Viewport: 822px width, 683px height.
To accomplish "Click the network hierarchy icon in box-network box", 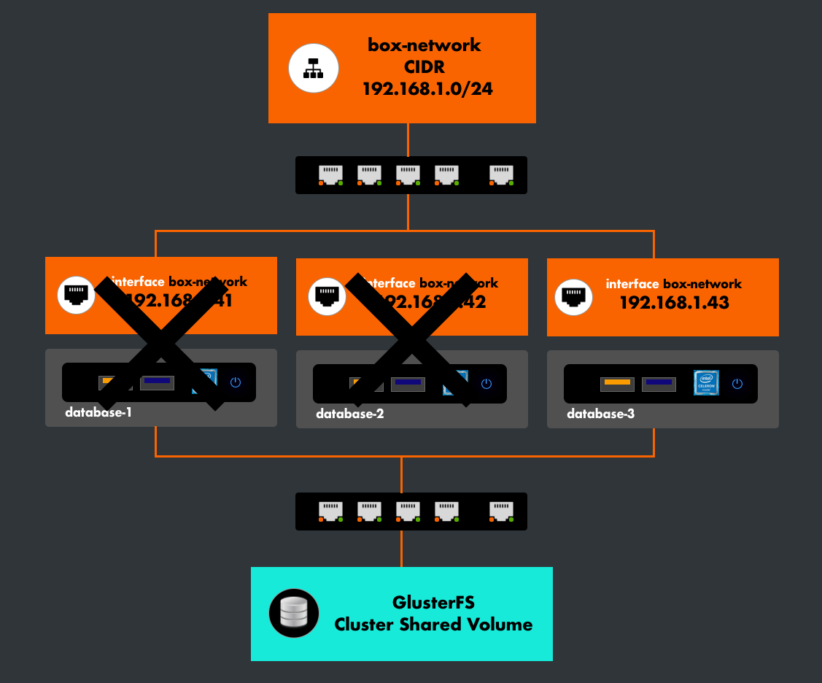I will click(314, 68).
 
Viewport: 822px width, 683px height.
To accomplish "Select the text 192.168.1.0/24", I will click(424, 90).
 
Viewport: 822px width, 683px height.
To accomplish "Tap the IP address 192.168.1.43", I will click(674, 303).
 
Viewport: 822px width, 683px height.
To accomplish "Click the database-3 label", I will click(600, 414).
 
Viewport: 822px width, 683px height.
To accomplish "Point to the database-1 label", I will click(98, 412).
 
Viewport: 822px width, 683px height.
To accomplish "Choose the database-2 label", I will click(349, 414).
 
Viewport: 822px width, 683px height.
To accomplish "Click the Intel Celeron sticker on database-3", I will click(706, 382).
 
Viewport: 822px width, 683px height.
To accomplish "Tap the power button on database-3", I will click(737, 383).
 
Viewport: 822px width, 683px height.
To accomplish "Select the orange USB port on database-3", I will click(617, 382).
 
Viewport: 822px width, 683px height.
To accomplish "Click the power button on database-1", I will click(235, 382).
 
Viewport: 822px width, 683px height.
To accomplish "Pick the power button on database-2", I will click(486, 384).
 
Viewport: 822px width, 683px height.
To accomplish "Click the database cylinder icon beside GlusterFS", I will click(294, 613).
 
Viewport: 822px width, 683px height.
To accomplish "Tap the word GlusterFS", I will click(433, 603).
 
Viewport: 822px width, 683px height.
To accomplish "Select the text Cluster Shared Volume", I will click(433, 625).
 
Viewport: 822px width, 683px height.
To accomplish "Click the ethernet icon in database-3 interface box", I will click(573, 297).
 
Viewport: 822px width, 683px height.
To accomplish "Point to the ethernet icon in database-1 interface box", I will click(76, 295).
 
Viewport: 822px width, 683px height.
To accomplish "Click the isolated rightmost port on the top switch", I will click(501, 174).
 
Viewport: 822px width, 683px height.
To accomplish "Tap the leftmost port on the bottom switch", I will click(330, 511).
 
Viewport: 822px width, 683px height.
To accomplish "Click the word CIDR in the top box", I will click(424, 67).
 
